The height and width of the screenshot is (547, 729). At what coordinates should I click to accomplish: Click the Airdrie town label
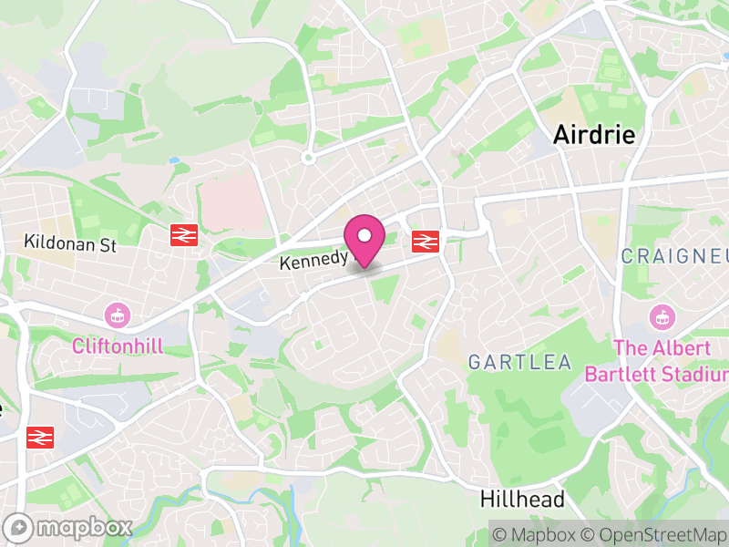click(x=594, y=135)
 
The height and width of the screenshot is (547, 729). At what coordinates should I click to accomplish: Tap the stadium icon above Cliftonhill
click(x=116, y=316)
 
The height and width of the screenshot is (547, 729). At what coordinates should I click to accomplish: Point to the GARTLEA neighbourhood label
click(x=519, y=363)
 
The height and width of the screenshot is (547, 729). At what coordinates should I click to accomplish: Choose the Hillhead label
click(x=522, y=500)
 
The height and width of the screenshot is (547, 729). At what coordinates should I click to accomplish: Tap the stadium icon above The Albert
click(x=662, y=318)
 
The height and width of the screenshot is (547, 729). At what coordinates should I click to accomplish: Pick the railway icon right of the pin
click(x=425, y=241)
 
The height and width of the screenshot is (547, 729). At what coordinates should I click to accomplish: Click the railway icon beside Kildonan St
click(x=184, y=235)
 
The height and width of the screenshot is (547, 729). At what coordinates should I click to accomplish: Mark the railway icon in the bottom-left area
click(x=40, y=437)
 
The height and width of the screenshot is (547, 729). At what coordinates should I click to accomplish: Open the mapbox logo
click(x=69, y=527)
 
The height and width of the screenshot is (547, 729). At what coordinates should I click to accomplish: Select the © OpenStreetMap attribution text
click(x=654, y=533)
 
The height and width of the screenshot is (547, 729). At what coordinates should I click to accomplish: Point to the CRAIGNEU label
click(x=674, y=256)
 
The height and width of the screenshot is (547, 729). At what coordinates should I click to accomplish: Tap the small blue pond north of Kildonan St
click(x=174, y=160)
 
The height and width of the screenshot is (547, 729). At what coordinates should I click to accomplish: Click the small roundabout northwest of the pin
click(x=309, y=158)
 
